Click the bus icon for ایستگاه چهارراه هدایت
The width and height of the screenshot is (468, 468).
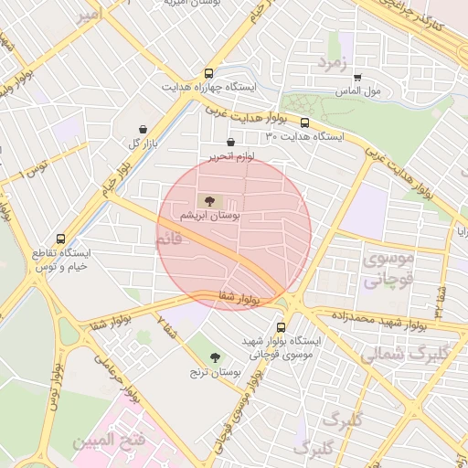tap(209, 73)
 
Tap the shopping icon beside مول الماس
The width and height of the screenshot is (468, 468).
tap(357, 78)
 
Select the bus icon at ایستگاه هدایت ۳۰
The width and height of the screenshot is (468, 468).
tap(304, 122)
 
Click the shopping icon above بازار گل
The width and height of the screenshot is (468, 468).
tap(143, 130)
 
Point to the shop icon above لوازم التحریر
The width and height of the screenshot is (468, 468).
tap(229, 143)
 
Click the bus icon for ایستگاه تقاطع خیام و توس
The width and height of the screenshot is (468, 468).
tap(60, 237)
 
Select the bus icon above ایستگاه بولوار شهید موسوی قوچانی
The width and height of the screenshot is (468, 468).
tap(281, 325)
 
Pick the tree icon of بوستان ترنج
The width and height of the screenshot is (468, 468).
tap(216, 357)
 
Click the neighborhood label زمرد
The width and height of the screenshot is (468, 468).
tap(334, 62)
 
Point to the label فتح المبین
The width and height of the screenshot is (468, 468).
tap(119, 441)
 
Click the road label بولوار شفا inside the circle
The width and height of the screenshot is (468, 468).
tap(240, 296)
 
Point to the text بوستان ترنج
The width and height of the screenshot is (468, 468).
tap(213, 372)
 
